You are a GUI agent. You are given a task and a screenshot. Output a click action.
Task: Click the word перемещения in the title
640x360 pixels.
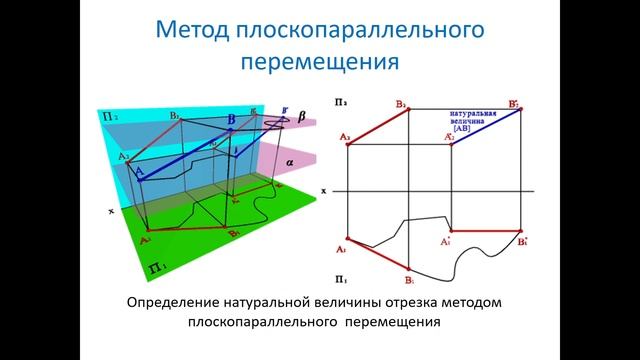tap(320, 61)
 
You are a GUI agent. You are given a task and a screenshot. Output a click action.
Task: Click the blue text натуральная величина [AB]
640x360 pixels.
tap(474, 121)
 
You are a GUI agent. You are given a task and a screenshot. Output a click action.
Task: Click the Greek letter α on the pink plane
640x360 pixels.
tap(291, 160)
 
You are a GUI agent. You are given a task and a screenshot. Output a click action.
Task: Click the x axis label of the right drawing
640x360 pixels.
tap(324, 189)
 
